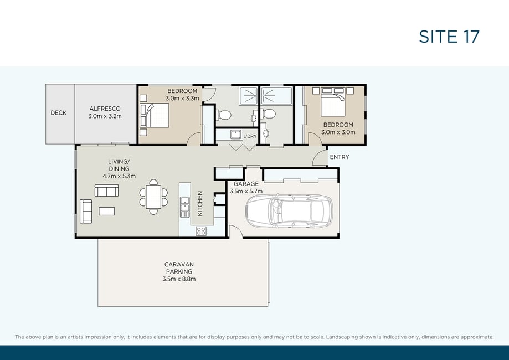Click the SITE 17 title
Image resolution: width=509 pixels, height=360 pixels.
point(449,37)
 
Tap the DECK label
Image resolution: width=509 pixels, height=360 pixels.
point(58,112)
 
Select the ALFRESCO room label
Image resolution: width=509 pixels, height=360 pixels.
point(105,109)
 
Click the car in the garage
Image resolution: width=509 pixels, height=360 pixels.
point(289,212)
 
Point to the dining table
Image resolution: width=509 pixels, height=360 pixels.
point(153,197)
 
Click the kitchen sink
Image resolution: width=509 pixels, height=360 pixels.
point(184,207)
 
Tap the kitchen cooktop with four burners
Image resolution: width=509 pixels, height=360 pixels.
point(201,231)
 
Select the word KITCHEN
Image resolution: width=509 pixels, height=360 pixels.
point(200,203)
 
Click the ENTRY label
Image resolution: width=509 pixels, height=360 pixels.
point(340,157)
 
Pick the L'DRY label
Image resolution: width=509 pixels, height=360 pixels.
point(250,136)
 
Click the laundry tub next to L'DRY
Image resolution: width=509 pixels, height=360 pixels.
point(236,135)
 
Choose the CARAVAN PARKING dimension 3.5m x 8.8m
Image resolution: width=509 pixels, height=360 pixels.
point(179,279)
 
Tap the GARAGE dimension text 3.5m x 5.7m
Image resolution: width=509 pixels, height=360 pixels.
point(246,191)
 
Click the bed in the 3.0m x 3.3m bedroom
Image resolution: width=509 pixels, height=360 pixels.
point(155,115)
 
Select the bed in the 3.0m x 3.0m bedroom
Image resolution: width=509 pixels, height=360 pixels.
point(333,101)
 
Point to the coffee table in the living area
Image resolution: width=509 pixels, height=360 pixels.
point(106,212)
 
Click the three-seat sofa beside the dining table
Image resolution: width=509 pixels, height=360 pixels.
point(106,191)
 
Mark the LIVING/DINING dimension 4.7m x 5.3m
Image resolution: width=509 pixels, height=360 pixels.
point(119,176)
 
